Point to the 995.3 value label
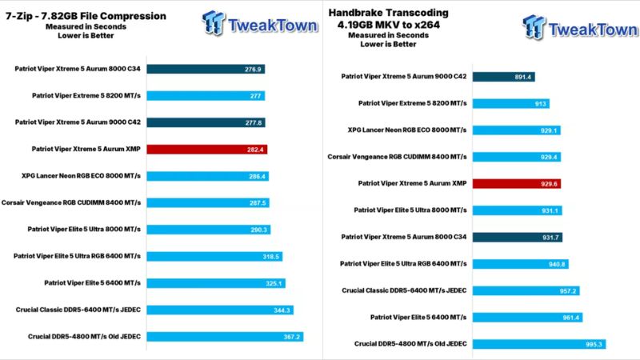594,344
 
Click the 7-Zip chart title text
85,16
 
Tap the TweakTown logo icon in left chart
214,23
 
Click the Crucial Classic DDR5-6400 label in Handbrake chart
404,290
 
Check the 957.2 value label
566,290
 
